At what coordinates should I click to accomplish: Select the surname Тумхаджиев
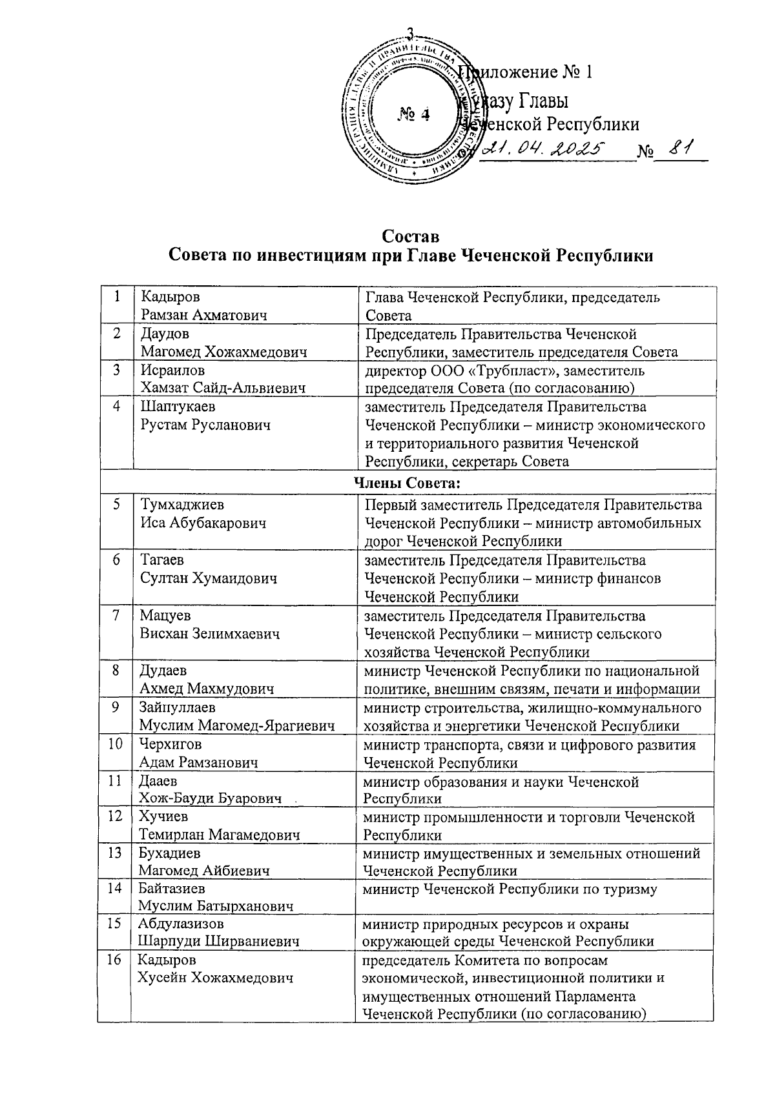point(183,505)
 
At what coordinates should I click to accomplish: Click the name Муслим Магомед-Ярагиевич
point(236,726)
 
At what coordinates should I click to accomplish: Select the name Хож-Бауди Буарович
point(211,799)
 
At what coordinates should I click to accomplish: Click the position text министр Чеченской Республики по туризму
point(510,889)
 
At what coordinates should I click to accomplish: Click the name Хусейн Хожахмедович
point(216,978)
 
